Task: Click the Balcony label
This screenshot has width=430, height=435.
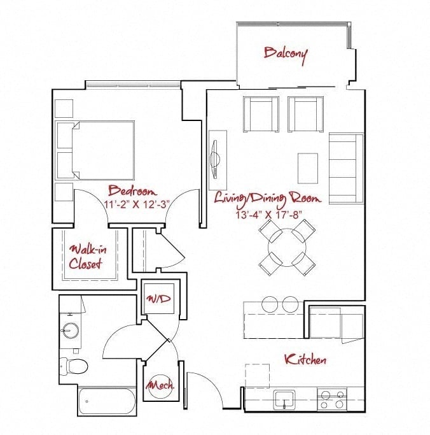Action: pos(285,55)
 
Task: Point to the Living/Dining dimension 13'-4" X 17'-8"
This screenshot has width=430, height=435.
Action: pos(268,215)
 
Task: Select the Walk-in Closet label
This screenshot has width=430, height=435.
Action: pos(87,257)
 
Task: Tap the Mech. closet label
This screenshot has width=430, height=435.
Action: pos(160,385)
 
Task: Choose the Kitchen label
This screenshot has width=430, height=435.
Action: pos(305,360)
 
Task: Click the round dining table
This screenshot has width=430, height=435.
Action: pos(287,248)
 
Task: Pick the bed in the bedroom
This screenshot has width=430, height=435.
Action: pos(95,150)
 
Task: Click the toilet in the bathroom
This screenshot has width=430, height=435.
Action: pos(74,366)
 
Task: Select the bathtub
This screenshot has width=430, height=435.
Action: pos(107,401)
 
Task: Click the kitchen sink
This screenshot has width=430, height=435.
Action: pos(284,399)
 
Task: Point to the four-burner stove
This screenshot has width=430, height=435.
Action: pos(332,399)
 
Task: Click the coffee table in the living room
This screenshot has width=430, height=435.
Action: pos(308,168)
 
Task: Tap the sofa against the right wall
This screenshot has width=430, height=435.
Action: pos(346,169)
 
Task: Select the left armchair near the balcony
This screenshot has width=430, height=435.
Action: pos(261,114)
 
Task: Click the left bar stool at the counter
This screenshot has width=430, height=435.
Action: pos(270,304)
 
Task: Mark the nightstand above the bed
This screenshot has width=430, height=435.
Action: pos(64,108)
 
